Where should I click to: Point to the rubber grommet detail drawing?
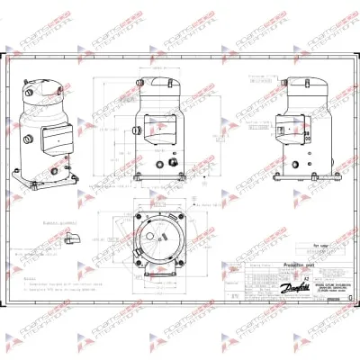coord(72,239)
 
